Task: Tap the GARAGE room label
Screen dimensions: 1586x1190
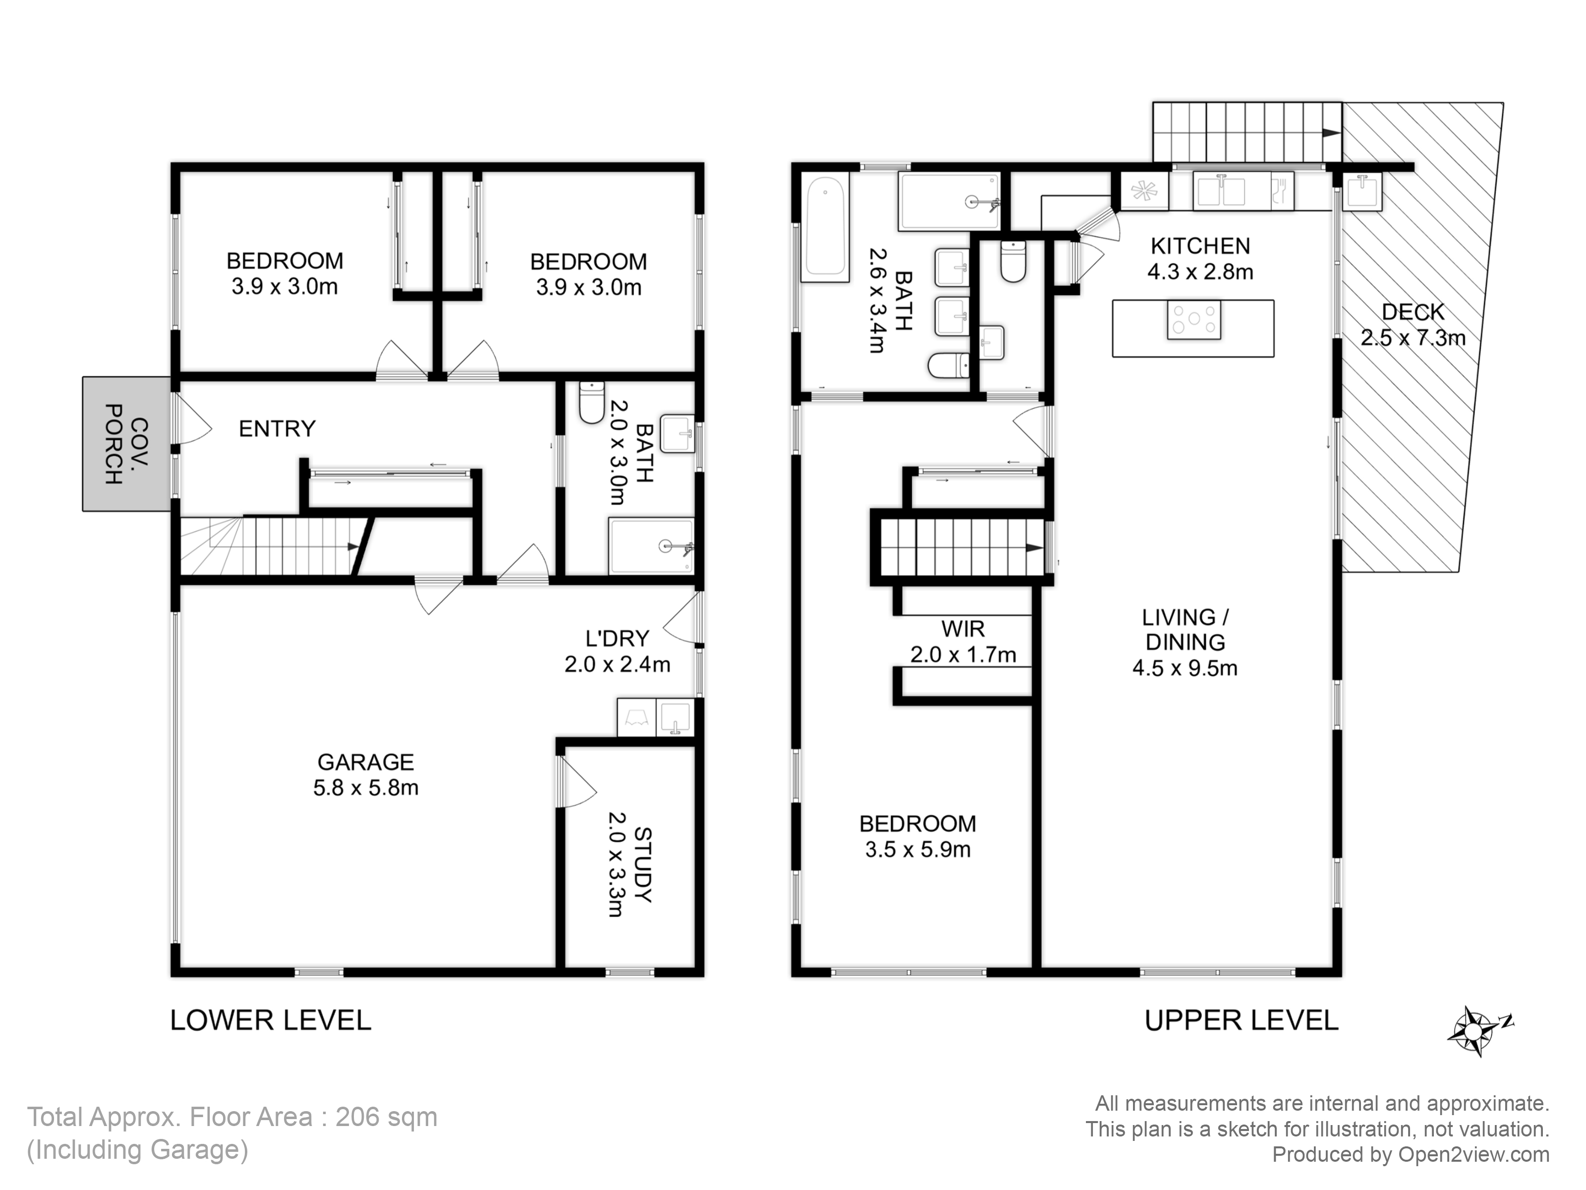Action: point(366,762)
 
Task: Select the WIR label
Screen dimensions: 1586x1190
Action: point(963,629)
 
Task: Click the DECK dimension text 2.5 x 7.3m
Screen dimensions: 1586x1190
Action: point(1413,338)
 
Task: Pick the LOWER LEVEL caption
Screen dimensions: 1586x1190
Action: point(270,1020)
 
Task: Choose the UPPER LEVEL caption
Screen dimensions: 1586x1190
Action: point(1241,1020)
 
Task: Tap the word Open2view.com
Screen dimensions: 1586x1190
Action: point(1473,1154)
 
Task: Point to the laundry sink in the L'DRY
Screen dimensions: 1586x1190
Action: point(675,717)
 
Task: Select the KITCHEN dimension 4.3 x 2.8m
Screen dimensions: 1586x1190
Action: point(1200,272)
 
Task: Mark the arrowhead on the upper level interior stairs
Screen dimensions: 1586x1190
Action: point(1034,547)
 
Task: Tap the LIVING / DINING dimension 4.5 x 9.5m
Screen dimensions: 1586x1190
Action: point(1185,668)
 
